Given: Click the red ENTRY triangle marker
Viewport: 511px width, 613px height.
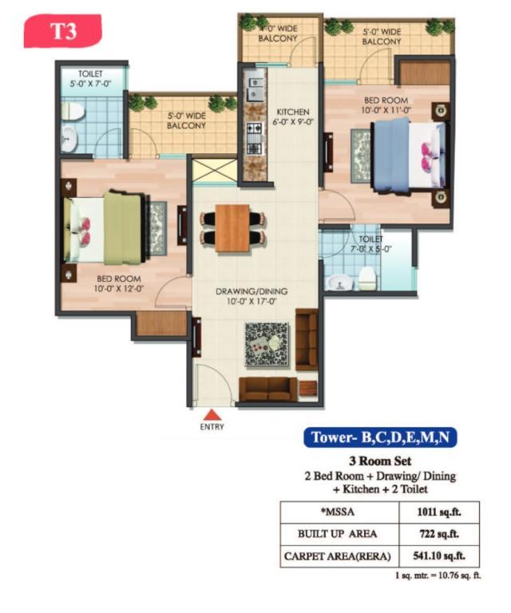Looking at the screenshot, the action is pos(212,415).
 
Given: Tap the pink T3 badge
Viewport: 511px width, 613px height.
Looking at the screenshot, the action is pos(62,31).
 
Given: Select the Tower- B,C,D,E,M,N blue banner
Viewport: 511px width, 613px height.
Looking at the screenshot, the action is pos(380,437).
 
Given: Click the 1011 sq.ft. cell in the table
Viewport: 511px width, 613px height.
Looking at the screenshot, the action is pos(438,512).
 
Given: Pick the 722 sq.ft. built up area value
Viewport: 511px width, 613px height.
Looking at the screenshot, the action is pos(438,534).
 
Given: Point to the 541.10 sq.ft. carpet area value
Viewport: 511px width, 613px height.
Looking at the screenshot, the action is pos(438,556).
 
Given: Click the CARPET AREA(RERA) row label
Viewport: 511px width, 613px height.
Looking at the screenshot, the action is pos(338,556).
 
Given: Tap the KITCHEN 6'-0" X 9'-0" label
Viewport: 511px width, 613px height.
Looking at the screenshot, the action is pos(293,117).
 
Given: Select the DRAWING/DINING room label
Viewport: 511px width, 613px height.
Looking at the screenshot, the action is pos(252,296).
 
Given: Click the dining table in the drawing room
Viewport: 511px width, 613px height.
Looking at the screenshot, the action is pos(232,228).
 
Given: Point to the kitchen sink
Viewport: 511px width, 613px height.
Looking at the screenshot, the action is pos(255,89).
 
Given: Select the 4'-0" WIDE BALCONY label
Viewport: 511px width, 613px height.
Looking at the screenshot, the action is pos(278,34).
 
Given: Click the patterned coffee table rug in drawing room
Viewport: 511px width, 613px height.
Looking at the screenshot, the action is pos(267,345).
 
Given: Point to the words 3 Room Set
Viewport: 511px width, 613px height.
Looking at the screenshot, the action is pos(380,461).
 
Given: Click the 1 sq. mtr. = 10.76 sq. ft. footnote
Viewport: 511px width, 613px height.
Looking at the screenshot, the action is pos(438,575).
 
